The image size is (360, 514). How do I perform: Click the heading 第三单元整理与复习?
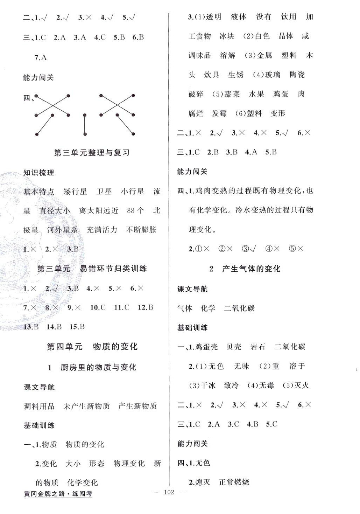[x=92, y=153]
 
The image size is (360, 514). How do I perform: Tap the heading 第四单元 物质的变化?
[x=92, y=347]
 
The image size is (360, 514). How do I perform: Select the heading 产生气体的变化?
[x=251, y=269]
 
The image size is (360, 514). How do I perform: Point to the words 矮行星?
[x=75, y=192]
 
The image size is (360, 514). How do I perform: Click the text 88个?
[x=135, y=210]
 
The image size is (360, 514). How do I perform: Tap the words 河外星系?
[x=62, y=230]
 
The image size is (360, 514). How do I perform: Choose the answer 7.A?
[x=41, y=57]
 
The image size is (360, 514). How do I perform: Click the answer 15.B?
[x=77, y=327]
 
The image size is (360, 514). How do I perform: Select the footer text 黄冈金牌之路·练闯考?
[x=58, y=494]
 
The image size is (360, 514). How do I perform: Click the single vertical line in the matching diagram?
[x=85, y=124]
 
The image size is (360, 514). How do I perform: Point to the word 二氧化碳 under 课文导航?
[x=239, y=308]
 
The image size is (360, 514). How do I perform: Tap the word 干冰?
[x=207, y=385]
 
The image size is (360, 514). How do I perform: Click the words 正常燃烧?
[x=234, y=482]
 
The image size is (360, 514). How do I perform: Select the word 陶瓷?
[x=297, y=75]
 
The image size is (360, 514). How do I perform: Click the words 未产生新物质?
[x=86, y=406]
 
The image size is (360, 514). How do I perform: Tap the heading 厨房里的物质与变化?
[x=98, y=367]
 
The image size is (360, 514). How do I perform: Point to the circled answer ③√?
[x=249, y=249]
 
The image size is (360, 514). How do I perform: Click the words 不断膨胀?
[x=141, y=230]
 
